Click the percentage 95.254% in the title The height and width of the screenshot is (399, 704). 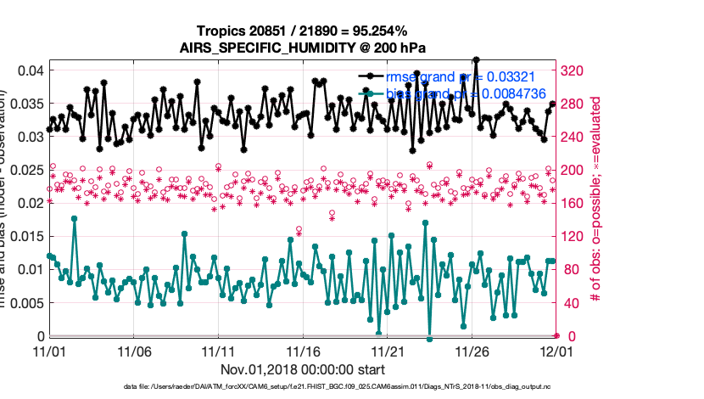click(x=365, y=31)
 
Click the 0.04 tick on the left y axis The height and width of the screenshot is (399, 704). click(x=30, y=70)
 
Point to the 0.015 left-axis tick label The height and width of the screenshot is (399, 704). click(x=25, y=236)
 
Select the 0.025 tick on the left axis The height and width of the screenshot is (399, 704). click(x=25, y=170)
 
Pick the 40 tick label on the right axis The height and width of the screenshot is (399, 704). click(x=572, y=302)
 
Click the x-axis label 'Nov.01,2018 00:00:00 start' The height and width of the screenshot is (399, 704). click(x=302, y=369)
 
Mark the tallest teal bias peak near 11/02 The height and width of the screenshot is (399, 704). click(x=75, y=218)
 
